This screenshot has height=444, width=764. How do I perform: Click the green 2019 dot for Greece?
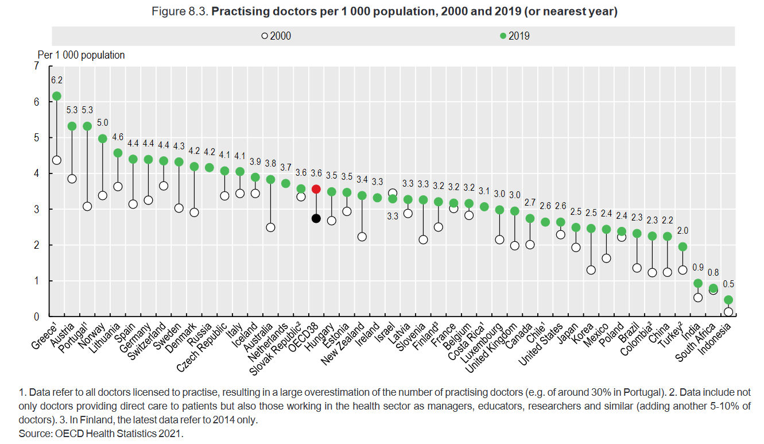point(56,96)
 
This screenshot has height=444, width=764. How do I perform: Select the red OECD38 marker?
point(316,189)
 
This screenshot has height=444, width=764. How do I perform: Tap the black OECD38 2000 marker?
point(316,218)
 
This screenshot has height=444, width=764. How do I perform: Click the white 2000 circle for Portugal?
point(87,206)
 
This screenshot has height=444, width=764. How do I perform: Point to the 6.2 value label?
point(56,80)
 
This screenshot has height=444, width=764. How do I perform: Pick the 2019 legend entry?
point(515,36)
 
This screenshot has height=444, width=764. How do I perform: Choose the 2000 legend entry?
point(276,36)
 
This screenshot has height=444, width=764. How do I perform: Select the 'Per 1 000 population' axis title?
point(81,55)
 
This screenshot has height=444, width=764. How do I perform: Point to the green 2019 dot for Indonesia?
point(728,300)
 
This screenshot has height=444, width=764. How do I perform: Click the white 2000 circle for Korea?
point(591,270)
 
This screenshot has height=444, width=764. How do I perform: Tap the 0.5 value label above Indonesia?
point(728,284)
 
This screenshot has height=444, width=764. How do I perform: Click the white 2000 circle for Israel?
point(393,193)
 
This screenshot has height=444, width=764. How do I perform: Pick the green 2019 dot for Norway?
point(103,138)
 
